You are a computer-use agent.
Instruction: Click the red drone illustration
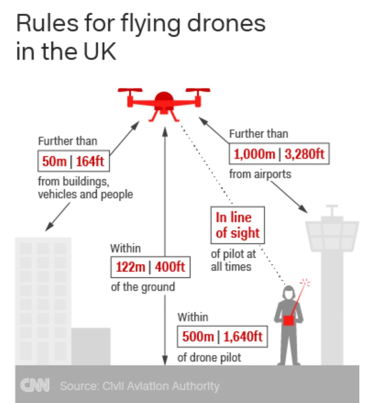pos(164,102)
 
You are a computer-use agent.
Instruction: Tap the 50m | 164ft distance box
pos(73,161)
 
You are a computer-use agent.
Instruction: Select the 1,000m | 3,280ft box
pos(279,154)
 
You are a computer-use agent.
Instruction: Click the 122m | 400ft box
pos(150,267)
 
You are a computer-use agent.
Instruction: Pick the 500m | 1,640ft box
pos(222,337)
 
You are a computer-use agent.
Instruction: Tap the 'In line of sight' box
pos(237,225)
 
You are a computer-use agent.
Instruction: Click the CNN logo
pos(35,385)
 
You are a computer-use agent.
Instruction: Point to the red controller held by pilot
pos(288,320)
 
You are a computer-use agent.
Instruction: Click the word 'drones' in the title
pos(226,24)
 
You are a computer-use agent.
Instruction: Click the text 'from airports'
pos(260,174)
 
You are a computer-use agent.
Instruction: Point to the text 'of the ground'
pos(143,287)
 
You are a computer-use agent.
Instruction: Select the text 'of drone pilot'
pos(209,358)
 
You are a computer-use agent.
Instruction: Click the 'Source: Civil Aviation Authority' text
pos(139,386)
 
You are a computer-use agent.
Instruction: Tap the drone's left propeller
pos(130,90)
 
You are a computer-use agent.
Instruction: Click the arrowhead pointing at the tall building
pos(48,228)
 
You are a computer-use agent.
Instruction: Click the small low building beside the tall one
pos(91,346)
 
